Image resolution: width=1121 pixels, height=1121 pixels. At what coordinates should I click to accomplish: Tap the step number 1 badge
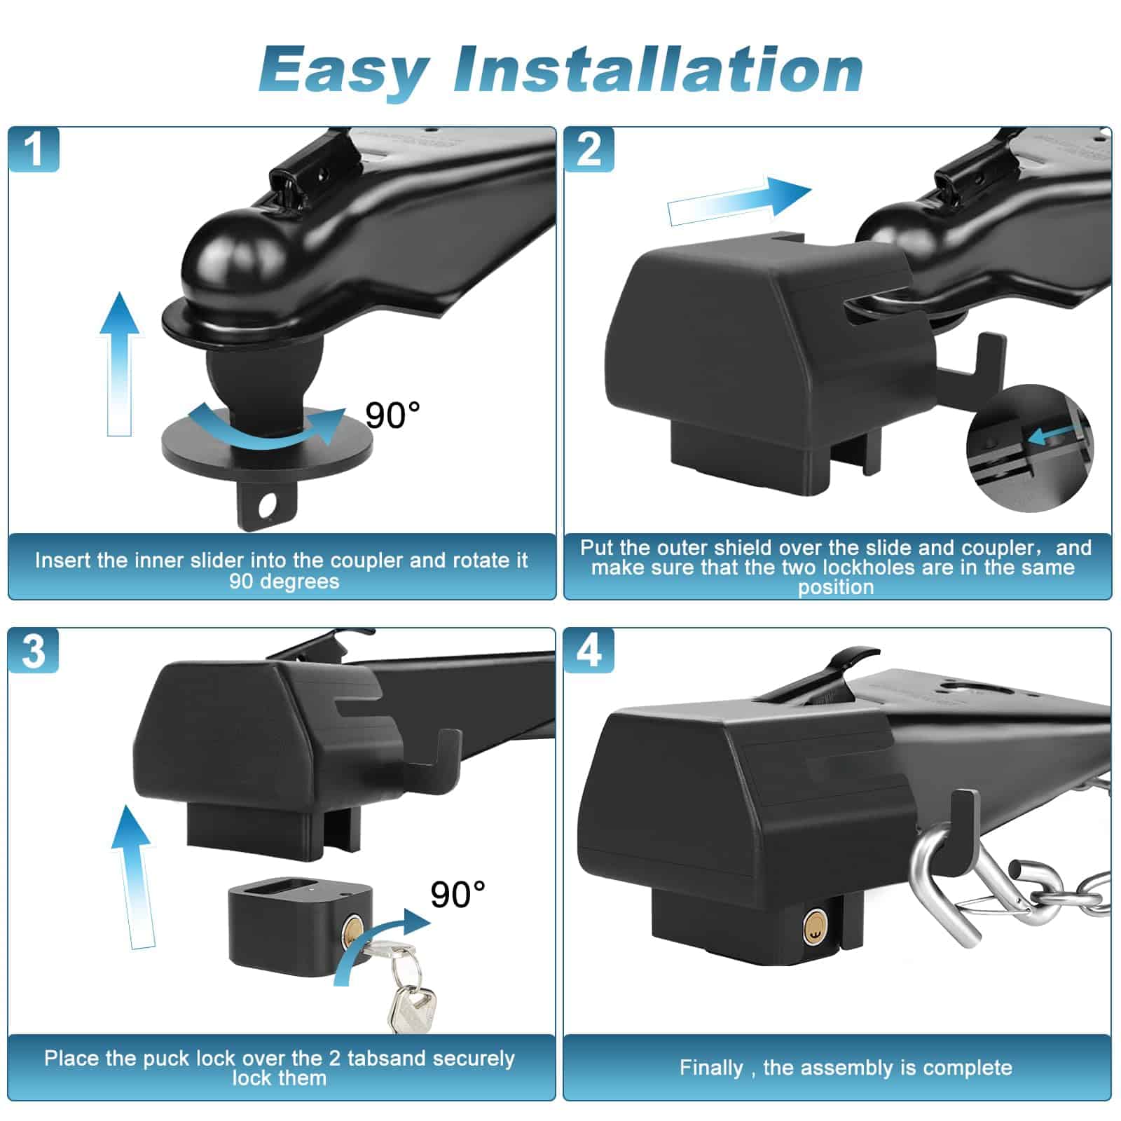pyautogui.click(x=34, y=149)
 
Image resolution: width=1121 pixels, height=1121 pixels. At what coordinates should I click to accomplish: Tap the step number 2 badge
pyautogui.click(x=589, y=149)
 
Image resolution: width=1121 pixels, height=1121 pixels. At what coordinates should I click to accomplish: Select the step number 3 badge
pyautogui.click(x=34, y=651)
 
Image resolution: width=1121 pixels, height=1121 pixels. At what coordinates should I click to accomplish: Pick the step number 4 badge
pyautogui.click(x=589, y=651)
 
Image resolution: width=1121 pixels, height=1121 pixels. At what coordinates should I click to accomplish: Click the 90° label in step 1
pyautogui.click(x=392, y=415)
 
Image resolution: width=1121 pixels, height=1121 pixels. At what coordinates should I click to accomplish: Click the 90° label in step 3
pyautogui.click(x=458, y=895)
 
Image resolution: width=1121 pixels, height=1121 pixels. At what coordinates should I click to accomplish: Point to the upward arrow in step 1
pyautogui.click(x=118, y=364)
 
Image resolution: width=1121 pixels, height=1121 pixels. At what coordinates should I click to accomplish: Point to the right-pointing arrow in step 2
pyautogui.click(x=739, y=200)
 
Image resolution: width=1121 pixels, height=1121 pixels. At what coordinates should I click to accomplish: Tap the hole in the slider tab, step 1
pyautogui.click(x=267, y=505)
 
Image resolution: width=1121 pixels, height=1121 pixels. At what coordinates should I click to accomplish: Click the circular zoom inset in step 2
pyautogui.click(x=1029, y=448)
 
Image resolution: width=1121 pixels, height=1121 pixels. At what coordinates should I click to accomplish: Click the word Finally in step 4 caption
pyautogui.click(x=710, y=1068)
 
